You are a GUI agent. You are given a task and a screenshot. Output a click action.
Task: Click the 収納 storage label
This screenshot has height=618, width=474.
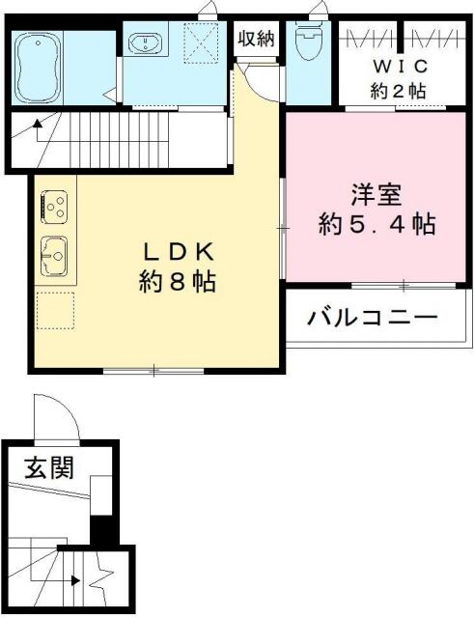point(257,40)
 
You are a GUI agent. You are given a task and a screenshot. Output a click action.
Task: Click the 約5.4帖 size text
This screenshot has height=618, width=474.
point(376,225)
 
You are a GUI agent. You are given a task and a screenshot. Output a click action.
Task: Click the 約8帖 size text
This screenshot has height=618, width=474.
point(176,284)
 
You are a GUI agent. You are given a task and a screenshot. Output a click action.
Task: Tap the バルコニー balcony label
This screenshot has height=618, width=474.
point(373,318)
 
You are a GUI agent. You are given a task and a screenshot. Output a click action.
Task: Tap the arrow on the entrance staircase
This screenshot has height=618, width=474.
point(73,581)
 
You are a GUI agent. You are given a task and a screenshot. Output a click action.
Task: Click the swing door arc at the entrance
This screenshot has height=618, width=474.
point(56,417)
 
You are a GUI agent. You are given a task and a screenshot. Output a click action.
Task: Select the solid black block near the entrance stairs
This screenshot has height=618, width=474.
point(101,532)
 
